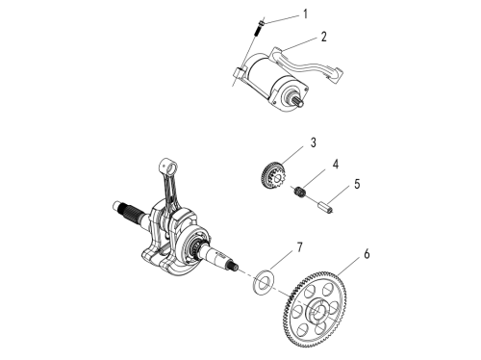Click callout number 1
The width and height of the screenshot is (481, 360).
(306, 14)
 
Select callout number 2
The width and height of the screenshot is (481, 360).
(324, 37)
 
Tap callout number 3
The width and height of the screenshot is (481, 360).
(314, 142)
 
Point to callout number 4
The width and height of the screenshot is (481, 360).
(336, 164)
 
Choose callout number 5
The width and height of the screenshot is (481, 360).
(357, 184)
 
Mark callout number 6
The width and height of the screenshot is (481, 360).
(367, 254)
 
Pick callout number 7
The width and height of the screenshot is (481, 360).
(299, 247)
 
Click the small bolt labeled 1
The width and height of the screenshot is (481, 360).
(260, 28)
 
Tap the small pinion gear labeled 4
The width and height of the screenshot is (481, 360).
(300, 192)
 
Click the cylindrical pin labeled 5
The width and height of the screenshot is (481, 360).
(325, 207)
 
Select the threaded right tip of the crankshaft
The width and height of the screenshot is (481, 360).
(234, 266)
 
